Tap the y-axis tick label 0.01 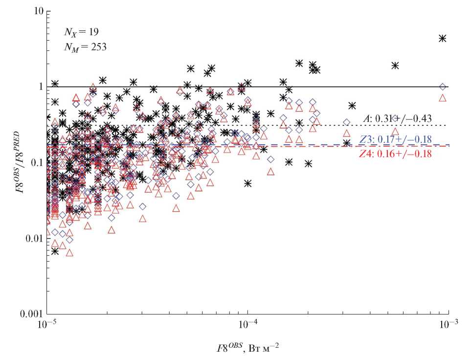(32, 238)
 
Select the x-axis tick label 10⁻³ (449, 325)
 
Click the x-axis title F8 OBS (247, 348)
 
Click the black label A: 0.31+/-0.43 (397, 118)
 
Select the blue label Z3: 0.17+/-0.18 (395, 139)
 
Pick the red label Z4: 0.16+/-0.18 (395, 153)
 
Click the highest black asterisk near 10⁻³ (443, 38)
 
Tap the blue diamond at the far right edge (443, 87)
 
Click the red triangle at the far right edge (443, 98)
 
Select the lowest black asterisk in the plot (55, 251)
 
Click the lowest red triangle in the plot (69, 253)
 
